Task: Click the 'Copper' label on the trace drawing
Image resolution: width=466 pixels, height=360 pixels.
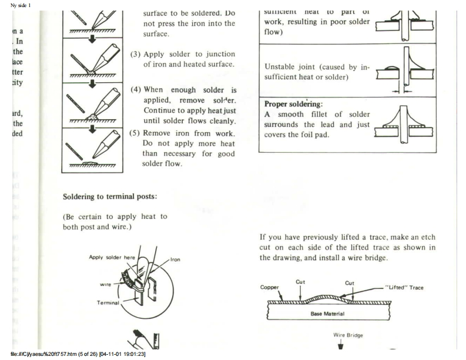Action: [270, 288]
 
